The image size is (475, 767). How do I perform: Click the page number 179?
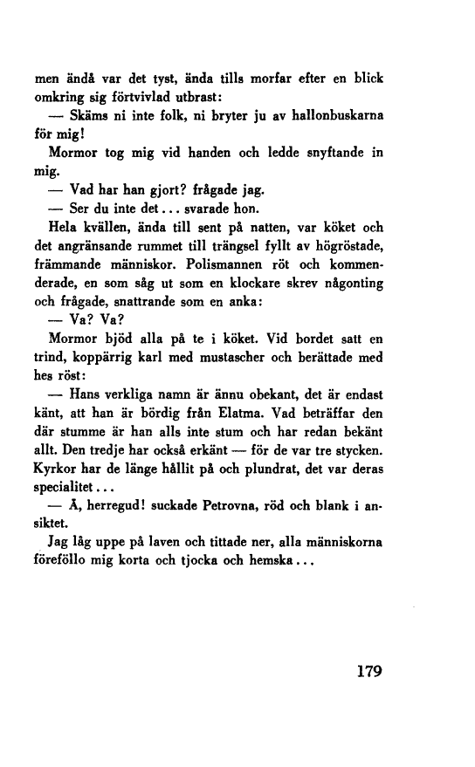coord(365,673)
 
